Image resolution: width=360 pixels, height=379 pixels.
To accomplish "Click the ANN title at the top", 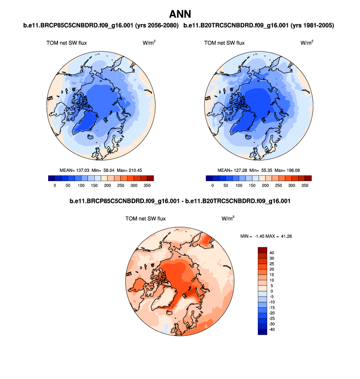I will pyautogui.click(x=180, y=14).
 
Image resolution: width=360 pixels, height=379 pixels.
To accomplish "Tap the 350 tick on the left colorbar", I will pyautogui.click(x=147, y=186).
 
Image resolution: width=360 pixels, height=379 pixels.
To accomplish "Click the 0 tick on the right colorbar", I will pyautogui.click(x=213, y=186).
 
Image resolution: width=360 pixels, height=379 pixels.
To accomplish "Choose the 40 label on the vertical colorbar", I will pyautogui.click(x=271, y=252).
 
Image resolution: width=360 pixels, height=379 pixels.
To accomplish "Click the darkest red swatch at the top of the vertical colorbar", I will pyautogui.click(x=262, y=249).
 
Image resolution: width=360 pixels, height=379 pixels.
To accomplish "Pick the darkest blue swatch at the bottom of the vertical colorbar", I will pyautogui.click(x=262, y=332).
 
